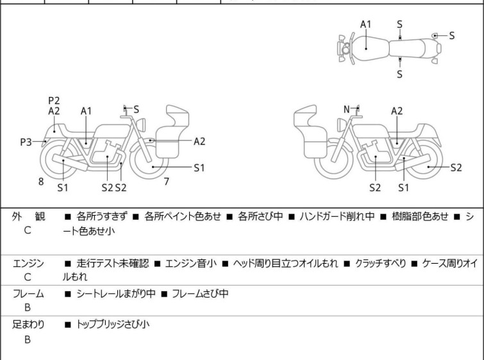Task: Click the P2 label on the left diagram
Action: point(54,100)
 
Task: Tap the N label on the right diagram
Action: point(347,109)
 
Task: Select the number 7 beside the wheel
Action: point(166,182)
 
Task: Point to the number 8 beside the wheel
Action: point(41,182)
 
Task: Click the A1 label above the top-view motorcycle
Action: point(365,24)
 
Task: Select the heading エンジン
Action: point(28,262)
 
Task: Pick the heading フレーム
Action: point(28,294)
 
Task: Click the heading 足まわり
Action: point(28,325)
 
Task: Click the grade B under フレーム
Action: point(28,308)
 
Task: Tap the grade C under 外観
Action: point(28,230)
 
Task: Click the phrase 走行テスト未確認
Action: point(112,262)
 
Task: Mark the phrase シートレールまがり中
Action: point(113,294)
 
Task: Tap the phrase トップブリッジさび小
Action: point(113,325)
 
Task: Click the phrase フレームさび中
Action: point(199,294)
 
